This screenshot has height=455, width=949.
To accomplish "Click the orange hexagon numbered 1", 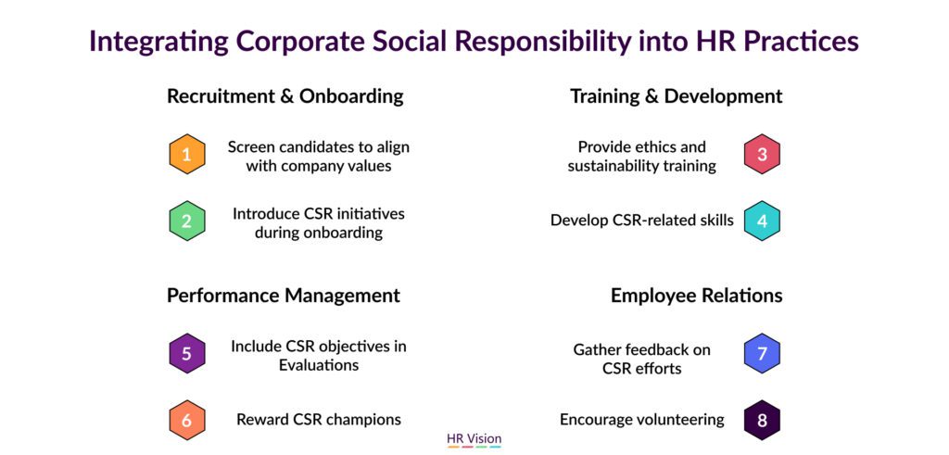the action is click(187, 154).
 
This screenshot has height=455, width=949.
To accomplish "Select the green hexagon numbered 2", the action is click(187, 221).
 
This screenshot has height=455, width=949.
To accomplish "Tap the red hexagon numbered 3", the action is click(762, 154).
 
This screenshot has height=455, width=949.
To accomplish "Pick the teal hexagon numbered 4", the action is click(762, 221).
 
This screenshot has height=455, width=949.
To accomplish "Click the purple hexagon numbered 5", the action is click(187, 353).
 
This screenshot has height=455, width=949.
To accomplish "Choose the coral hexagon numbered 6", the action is click(187, 420).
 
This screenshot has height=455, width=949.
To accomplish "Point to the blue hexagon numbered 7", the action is click(762, 353).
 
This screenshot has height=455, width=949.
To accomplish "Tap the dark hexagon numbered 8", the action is click(762, 420).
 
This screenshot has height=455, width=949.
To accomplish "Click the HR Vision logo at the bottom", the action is click(474, 439).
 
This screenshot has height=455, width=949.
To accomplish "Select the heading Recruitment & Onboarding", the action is click(285, 96).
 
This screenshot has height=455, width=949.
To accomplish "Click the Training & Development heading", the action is click(676, 96).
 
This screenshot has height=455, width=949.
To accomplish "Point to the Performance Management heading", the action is click(284, 296).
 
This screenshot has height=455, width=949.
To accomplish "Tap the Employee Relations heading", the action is click(697, 296).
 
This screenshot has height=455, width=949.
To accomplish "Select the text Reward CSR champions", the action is click(319, 419).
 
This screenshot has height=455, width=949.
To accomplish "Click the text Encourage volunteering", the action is click(641, 419).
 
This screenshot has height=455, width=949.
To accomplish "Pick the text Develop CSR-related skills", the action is click(641, 221).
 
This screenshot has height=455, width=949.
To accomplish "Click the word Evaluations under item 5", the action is click(319, 365).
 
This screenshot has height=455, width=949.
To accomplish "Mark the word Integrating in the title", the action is click(159, 42).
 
